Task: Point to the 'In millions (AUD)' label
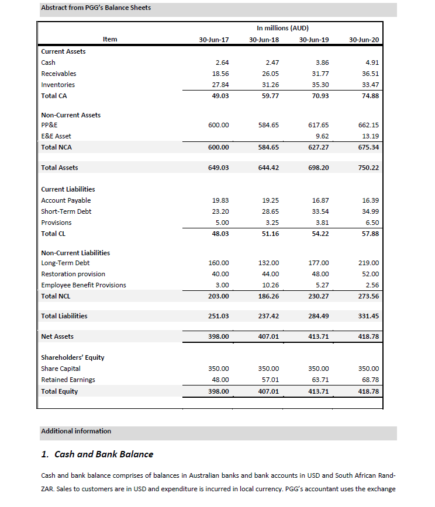click(282, 28)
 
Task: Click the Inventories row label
click(58, 85)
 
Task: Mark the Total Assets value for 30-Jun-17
click(218, 168)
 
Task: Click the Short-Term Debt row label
click(66, 211)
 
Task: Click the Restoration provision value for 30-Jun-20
click(371, 274)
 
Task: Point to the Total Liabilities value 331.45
click(370, 316)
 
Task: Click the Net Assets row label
click(57, 336)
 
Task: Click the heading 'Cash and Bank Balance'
click(103, 454)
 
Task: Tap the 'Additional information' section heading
click(76, 431)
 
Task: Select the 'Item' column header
click(110, 39)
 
